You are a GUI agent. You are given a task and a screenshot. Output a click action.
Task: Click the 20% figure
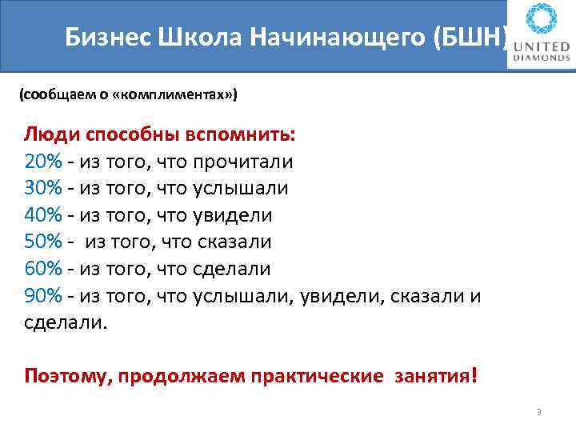(42, 162)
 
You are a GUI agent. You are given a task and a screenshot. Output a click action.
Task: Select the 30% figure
(42, 188)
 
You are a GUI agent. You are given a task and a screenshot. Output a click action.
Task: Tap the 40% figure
(42, 215)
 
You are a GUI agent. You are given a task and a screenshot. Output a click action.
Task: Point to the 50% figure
(42, 242)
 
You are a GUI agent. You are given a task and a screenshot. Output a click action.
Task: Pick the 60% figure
(42, 269)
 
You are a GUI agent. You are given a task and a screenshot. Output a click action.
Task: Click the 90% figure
(42, 296)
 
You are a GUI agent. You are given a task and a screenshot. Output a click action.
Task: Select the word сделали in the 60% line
(231, 269)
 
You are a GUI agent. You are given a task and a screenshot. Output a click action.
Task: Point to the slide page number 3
(539, 412)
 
